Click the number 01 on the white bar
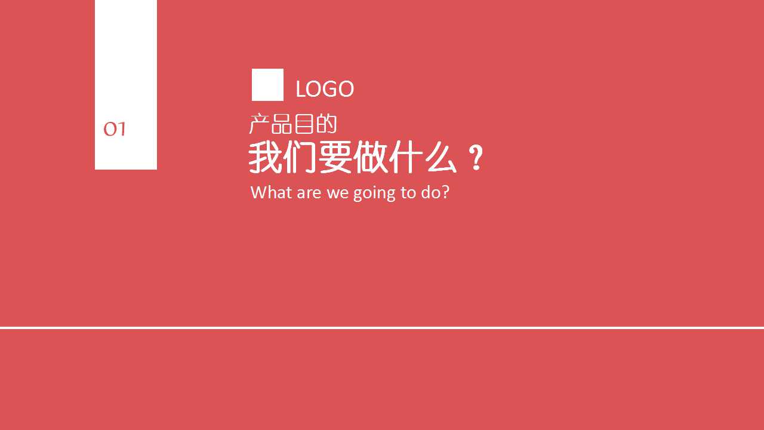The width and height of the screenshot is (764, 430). point(115,130)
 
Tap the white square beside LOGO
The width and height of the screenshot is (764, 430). point(267,85)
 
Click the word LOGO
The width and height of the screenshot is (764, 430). point(325,89)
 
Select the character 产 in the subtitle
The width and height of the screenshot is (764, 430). point(260,124)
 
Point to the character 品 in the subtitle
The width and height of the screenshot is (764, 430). point(282,124)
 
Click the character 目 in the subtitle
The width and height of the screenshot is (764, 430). point(304,124)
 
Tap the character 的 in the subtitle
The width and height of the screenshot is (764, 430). point(326,124)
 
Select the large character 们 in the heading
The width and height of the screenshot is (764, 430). point(300,157)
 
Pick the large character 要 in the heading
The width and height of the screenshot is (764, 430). point(335,157)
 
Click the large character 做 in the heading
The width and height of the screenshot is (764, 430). point(371,157)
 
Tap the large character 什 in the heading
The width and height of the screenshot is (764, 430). point(405,157)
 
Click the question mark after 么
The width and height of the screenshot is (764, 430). point(476,158)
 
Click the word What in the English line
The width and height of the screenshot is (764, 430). point(272,192)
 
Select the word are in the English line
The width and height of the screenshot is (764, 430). point(309,194)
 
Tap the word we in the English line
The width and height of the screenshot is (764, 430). point(338,194)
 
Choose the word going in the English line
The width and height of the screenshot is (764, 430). point(374,193)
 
